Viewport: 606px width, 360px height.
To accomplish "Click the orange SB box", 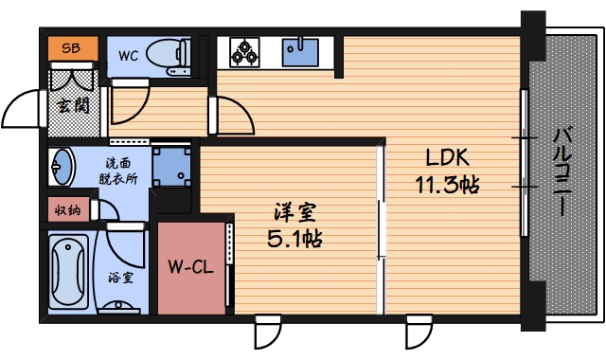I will pyautogui.click(x=71, y=47).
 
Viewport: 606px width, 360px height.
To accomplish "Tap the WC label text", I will pyautogui.click(x=129, y=55).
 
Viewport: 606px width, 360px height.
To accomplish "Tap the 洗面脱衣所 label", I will pyautogui.click(x=118, y=170).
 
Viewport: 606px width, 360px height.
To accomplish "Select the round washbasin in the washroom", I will pyautogui.click(x=62, y=168).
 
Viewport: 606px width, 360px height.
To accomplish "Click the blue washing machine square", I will pyautogui.click(x=169, y=165).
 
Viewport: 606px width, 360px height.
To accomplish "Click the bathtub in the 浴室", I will pyautogui.click(x=67, y=269).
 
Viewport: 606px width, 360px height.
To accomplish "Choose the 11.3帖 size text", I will pyautogui.click(x=446, y=184).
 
